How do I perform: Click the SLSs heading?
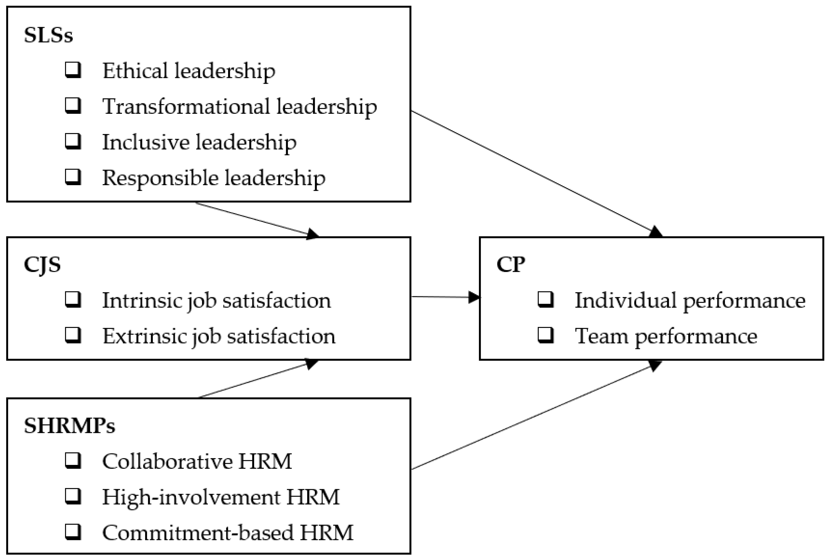click(48, 35)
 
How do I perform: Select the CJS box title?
click(42, 265)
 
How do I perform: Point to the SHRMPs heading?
click(70, 425)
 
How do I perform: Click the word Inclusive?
click(145, 142)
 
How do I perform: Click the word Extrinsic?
click(144, 336)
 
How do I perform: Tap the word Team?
click(601, 336)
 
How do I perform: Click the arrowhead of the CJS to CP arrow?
click(474, 297)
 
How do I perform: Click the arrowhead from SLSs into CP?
click(656, 232)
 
